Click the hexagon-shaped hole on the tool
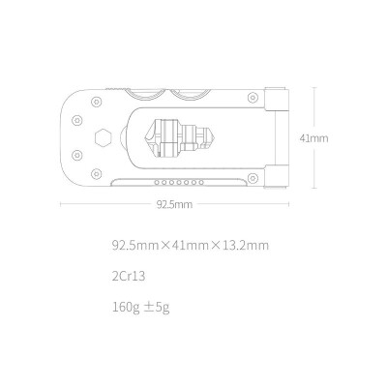coord(104,138)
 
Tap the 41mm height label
coord(313,138)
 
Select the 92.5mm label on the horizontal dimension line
coord(174,204)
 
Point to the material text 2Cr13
coord(129,277)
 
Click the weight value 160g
coord(126,308)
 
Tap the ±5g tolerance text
coord(157,308)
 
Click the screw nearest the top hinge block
coord(253,97)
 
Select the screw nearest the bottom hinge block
coord(253,178)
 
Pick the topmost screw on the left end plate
coord(95,102)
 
